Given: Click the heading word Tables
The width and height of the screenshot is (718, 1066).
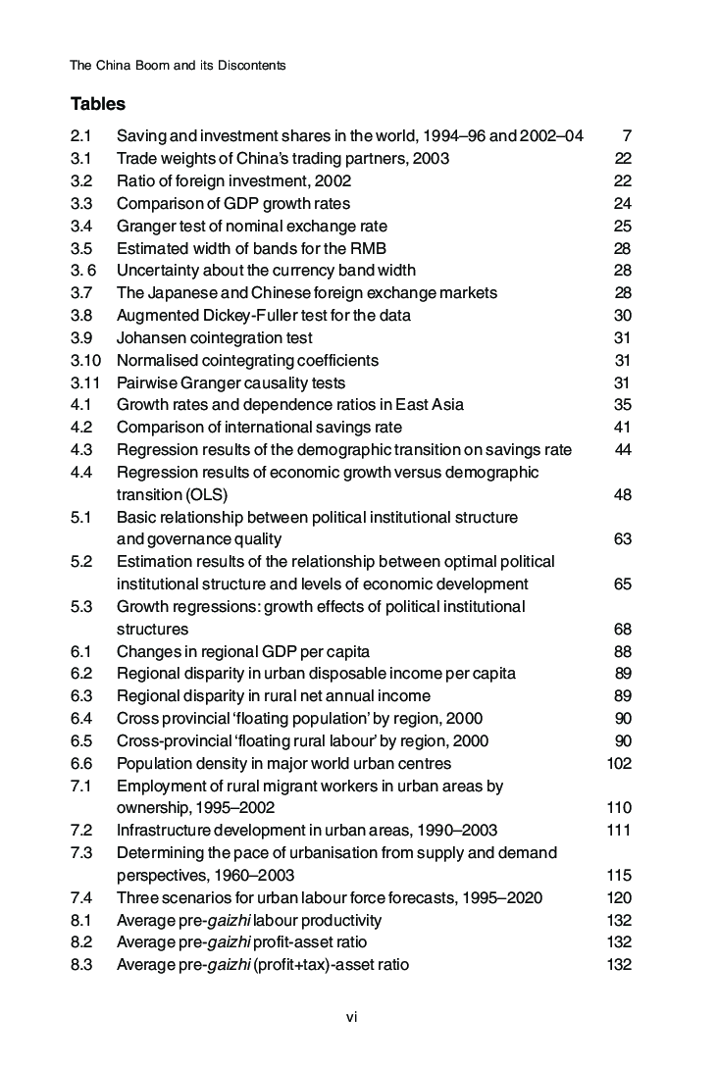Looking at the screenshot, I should pyautogui.click(x=97, y=103).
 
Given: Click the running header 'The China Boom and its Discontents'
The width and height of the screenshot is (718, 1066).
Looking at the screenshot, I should pyautogui.click(x=178, y=66).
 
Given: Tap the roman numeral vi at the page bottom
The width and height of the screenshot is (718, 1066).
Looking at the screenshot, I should pyautogui.click(x=352, y=1017).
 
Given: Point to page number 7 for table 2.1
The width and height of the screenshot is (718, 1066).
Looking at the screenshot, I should pyautogui.click(x=626, y=136).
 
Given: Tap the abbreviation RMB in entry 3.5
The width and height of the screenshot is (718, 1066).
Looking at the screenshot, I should pyautogui.click(x=368, y=248).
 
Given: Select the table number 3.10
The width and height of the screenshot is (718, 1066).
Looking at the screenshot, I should pyautogui.click(x=85, y=360).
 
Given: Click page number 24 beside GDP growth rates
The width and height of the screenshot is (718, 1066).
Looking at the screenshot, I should pyautogui.click(x=622, y=204).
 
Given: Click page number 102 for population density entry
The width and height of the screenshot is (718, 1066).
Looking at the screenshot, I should pyautogui.click(x=619, y=763).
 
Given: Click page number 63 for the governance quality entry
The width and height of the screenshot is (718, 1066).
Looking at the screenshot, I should pyautogui.click(x=622, y=539).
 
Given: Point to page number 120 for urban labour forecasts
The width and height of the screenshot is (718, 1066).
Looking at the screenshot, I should pyautogui.click(x=619, y=898).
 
